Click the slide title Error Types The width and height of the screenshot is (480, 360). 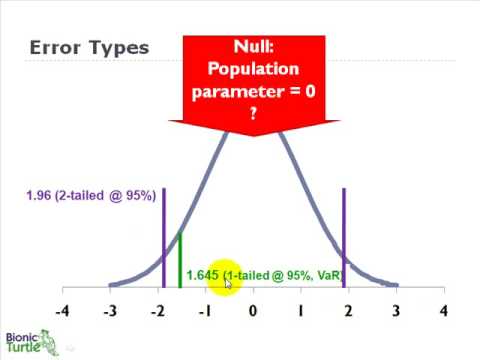[89, 48]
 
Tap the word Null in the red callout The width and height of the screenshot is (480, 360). [253, 47]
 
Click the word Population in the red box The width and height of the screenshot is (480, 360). [253, 69]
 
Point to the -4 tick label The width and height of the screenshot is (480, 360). [62, 310]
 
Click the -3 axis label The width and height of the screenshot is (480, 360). [110, 310]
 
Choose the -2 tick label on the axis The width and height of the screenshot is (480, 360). [157, 310]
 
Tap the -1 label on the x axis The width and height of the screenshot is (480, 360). [205, 310]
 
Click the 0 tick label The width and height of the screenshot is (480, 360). [253, 310]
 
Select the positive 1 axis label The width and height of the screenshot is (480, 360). [300, 310]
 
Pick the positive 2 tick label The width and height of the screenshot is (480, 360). [347, 310]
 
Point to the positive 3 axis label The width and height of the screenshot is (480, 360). [395, 310]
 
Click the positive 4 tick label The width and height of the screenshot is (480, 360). [443, 310]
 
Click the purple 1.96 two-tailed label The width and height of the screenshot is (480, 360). [90, 196]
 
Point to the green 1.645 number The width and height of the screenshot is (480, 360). [202, 275]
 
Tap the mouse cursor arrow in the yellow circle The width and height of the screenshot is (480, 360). [229, 283]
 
